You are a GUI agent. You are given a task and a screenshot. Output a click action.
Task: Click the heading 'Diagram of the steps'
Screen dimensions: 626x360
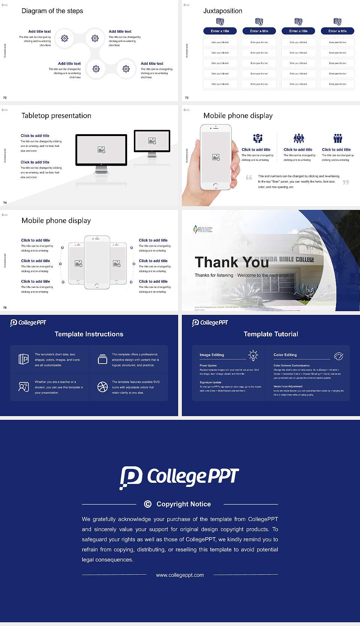click(52, 11)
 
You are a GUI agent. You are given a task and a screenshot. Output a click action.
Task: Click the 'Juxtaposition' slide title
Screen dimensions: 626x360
click(222, 11)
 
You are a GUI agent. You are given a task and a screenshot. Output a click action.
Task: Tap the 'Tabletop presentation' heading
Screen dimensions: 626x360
click(56, 116)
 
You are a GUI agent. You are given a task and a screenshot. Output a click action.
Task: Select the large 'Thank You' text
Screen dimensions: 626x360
click(231, 262)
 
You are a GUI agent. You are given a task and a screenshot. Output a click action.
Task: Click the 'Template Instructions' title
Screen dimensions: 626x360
click(89, 334)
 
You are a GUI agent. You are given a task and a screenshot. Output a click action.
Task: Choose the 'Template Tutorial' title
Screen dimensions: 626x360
click(271, 334)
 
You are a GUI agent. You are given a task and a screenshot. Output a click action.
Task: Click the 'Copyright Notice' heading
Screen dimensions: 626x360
click(183, 504)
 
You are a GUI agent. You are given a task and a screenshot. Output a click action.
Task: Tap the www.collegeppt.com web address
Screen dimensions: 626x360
click(180, 575)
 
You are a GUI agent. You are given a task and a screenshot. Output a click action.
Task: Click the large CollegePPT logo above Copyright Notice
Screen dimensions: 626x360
click(179, 477)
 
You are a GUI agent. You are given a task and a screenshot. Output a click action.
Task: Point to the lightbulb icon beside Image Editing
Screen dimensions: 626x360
click(253, 355)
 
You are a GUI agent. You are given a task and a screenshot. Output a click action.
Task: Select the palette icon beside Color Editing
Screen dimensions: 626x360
click(339, 356)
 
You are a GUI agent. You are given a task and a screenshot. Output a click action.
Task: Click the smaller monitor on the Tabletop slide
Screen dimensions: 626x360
click(152, 141)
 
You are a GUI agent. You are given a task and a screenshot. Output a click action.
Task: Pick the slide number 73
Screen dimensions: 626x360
click(187, 98)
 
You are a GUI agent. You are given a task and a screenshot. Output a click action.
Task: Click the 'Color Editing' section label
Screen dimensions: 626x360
click(285, 355)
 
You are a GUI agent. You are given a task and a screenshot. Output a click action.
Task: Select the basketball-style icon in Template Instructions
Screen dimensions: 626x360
click(102, 387)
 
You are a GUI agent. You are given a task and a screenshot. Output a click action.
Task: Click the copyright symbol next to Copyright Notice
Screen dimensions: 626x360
click(148, 504)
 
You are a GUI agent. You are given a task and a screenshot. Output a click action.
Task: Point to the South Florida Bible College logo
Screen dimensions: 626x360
click(203, 229)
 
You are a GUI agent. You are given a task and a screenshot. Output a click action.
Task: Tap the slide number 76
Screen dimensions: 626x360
click(5, 308)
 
